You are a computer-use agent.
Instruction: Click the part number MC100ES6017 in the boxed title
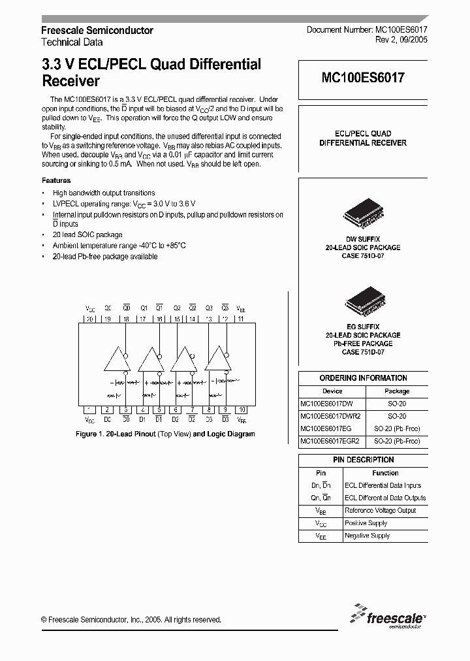(363, 78)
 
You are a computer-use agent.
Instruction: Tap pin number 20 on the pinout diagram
(89, 319)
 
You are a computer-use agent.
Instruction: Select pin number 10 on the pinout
(242, 410)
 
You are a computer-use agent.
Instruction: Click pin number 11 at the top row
(241, 319)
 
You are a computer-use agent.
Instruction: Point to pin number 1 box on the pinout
(89, 410)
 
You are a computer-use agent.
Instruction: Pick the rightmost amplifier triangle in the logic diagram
(217, 361)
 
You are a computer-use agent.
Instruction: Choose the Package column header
(396, 391)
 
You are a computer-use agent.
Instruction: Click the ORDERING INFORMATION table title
(363, 378)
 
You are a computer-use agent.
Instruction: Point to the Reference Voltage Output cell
(379, 510)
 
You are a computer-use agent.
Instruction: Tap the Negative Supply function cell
(367, 536)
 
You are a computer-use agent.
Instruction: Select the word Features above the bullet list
(56, 180)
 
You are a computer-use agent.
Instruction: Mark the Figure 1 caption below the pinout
(165, 434)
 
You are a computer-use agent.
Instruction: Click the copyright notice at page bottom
(131, 620)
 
